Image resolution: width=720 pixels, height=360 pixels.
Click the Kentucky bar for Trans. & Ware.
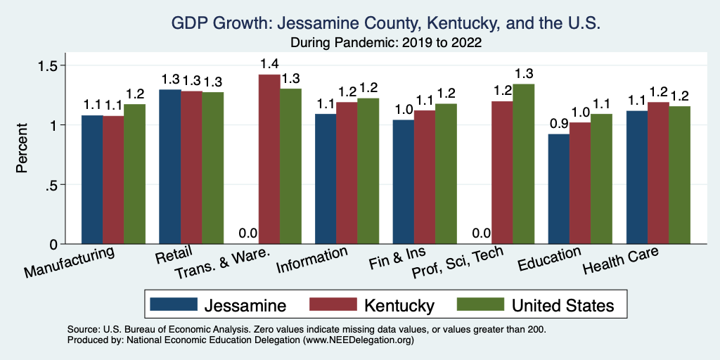[269, 160]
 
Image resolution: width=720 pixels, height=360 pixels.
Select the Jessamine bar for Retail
[170, 167]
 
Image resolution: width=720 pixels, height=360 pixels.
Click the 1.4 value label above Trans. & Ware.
[269, 64]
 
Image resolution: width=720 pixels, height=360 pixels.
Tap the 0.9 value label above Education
[559, 124]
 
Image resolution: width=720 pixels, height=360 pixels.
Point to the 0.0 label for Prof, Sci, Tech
[481, 233]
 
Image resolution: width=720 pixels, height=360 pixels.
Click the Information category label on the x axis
[312, 260]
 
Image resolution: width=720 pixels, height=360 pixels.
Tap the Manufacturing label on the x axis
[70, 261]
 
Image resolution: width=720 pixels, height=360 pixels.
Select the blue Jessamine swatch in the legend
[174, 304]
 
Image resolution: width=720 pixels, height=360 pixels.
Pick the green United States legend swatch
[479, 304]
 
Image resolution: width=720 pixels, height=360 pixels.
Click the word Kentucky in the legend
[399, 305]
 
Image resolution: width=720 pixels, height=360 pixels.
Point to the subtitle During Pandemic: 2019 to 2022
[385, 43]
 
